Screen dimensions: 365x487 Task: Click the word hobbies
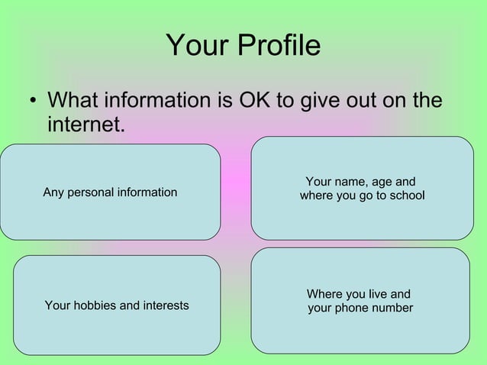pos(95,305)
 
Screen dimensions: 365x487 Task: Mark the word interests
pos(163,305)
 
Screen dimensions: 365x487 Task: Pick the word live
pos(377,294)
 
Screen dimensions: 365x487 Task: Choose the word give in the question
pos(322,101)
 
